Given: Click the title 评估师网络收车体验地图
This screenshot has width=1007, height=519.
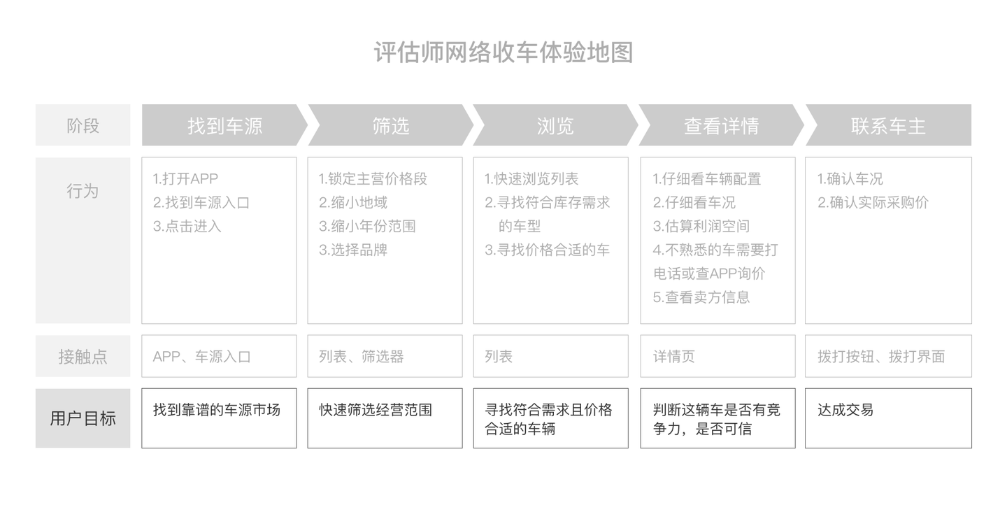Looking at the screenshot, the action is point(503,53).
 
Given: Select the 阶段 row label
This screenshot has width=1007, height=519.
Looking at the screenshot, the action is point(83,126).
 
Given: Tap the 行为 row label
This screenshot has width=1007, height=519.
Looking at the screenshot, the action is point(83,191).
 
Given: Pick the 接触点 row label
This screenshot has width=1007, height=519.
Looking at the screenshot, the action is point(83,356).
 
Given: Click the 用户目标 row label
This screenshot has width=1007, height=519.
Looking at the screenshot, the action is point(83,418).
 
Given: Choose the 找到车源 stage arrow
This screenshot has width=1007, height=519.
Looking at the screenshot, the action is point(224,126).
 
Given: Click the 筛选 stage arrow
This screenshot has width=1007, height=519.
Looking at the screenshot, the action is point(390,126).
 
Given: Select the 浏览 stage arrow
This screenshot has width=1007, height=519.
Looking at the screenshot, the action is point(555,126).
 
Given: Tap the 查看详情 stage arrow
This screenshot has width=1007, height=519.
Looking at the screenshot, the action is point(721,126).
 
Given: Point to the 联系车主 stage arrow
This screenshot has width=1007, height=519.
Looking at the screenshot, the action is point(887,126).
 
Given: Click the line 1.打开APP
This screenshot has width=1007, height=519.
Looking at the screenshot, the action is point(185,179).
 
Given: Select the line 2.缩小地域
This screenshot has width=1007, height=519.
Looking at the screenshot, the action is point(353,203).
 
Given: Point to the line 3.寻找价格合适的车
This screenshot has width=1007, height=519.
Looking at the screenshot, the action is point(548,250).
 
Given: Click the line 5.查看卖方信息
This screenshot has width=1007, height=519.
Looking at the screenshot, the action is point(701,297).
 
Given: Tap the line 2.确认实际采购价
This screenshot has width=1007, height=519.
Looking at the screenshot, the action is point(873,203).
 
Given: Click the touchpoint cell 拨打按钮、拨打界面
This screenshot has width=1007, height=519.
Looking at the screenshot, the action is point(881,356).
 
